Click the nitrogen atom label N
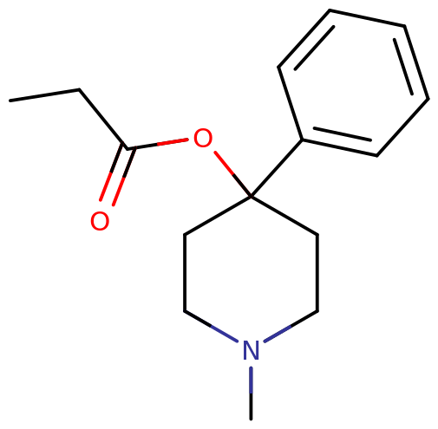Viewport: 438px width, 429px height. click(251, 350)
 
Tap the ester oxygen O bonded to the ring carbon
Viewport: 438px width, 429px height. click(203, 138)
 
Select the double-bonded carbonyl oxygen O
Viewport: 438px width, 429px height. click(100, 221)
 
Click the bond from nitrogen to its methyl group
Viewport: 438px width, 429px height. click(251, 393)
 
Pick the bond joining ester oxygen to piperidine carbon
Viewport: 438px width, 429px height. click(233, 174)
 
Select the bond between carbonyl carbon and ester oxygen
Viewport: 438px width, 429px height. click(158, 144)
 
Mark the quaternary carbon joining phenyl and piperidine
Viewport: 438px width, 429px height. click(251, 197)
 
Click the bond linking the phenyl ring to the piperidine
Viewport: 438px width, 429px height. click(277, 168)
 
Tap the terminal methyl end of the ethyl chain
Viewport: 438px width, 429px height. click(10, 101)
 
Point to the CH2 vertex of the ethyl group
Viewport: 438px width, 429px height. click(80, 89)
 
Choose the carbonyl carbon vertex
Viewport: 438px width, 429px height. click(127, 148)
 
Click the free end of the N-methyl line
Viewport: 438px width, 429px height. click(251, 419)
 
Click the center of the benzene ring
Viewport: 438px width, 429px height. click(353, 83)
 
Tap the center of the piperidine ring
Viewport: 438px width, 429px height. click(251, 272)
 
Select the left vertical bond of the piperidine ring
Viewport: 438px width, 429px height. click(185, 272)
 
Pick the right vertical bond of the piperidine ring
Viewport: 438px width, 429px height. click(317, 272)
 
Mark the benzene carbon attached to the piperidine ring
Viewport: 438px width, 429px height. click(302, 140)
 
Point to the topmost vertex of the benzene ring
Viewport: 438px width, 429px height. click(330, 10)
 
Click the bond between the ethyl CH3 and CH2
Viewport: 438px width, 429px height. click(45, 95)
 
